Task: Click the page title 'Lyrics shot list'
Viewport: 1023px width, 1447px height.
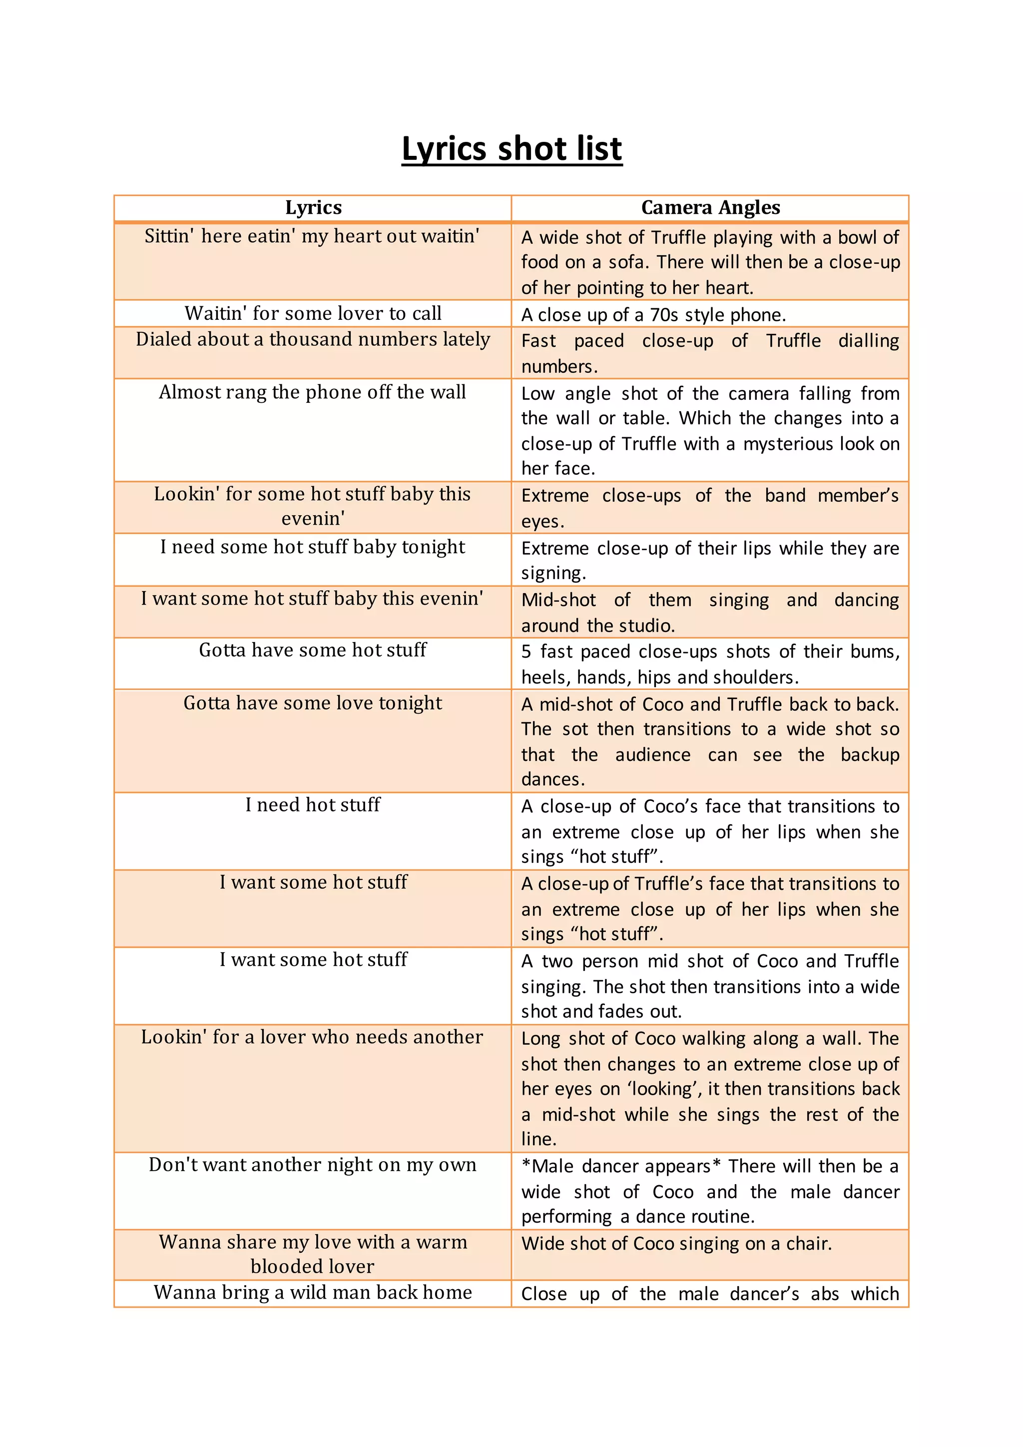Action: coord(511,149)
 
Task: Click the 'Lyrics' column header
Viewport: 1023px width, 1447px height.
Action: coord(313,207)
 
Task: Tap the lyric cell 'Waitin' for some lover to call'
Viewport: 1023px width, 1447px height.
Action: coord(313,313)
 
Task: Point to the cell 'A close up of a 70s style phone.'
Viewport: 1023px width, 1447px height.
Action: coord(653,314)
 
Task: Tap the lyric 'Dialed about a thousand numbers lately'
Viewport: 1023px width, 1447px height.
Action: coord(313,339)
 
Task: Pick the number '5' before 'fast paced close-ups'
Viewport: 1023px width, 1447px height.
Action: coord(526,652)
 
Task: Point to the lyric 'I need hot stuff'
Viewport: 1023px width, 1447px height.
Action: coord(313,805)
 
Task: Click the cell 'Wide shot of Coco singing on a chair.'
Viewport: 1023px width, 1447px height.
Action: coord(676,1244)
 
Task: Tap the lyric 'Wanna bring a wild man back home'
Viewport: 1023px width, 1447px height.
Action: coord(313,1293)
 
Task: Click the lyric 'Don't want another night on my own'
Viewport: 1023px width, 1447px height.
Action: coord(313,1165)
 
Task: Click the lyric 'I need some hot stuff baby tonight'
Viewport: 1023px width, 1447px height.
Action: coord(313,547)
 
